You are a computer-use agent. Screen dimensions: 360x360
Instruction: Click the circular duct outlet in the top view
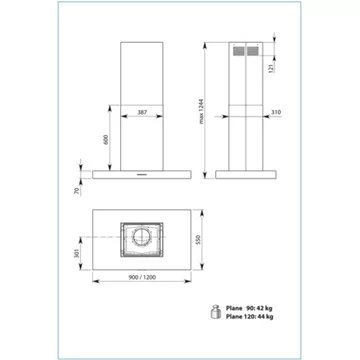(x=143, y=240)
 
